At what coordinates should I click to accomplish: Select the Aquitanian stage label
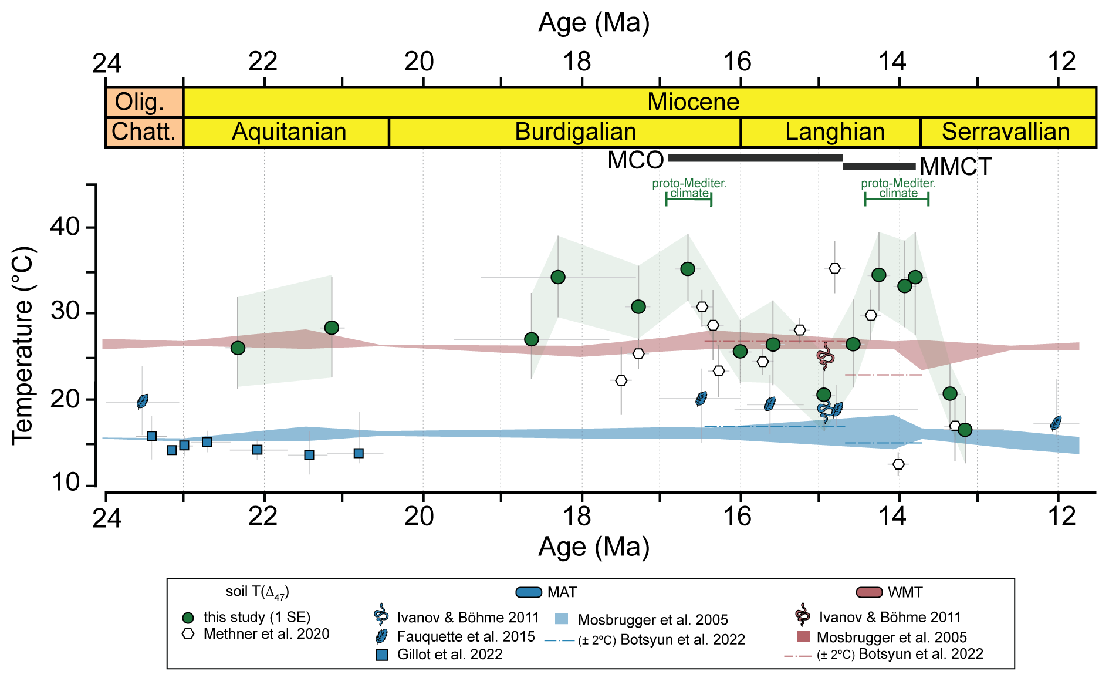289,132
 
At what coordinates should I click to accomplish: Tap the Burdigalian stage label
575,132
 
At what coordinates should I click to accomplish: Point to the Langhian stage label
834,132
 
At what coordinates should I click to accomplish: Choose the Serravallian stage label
1006,132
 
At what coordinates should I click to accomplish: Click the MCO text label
635,160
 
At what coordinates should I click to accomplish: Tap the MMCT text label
955,167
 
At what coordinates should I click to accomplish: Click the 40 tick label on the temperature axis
65,227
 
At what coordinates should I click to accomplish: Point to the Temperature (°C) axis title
23,345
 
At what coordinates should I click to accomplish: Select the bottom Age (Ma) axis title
594,547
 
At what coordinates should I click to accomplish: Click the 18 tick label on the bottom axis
577,517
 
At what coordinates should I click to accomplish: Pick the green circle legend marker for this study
188,618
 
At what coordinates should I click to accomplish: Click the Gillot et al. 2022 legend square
381,655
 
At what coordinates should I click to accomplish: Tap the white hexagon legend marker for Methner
188,634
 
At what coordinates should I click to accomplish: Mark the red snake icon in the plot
825,356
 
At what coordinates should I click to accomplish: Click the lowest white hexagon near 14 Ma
898,464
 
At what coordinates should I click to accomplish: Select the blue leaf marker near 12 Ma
1056,423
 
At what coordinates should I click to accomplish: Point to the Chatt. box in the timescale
144,132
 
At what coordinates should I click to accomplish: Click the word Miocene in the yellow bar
693,102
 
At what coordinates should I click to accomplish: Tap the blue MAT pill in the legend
528,592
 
